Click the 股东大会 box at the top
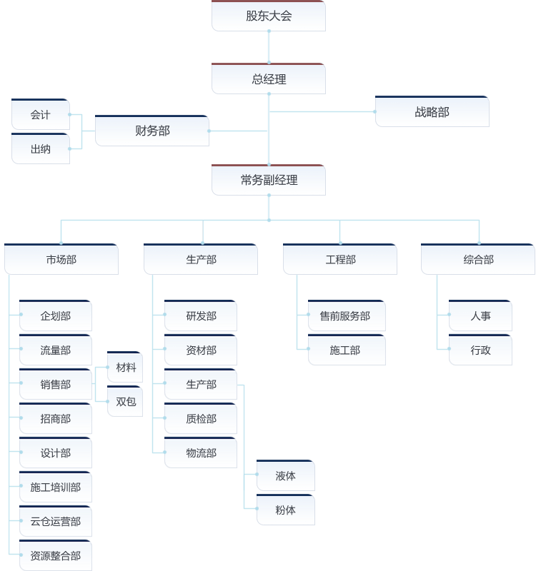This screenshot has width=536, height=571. [x=269, y=16]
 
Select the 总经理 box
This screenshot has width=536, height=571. [x=269, y=79]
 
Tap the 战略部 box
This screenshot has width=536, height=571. [x=432, y=112]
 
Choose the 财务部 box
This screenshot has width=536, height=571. [x=152, y=131]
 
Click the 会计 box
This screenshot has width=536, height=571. [x=41, y=115]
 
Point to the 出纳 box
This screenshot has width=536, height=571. [x=41, y=149]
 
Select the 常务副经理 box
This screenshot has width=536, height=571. [x=269, y=181]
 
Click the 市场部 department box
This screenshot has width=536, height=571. [x=61, y=260]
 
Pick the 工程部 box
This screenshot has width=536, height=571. [x=340, y=260]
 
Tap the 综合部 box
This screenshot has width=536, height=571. [x=478, y=260]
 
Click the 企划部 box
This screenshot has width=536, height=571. [x=56, y=316]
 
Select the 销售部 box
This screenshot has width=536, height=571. [x=56, y=385]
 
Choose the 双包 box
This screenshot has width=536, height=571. [x=126, y=402]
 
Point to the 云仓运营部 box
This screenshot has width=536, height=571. [x=56, y=522]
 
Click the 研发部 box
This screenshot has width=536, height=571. [x=201, y=316]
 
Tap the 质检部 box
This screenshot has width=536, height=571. [x=201, y=419]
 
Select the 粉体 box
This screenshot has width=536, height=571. [x=286, y=510]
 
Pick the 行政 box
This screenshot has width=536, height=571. [x=481, y=350]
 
